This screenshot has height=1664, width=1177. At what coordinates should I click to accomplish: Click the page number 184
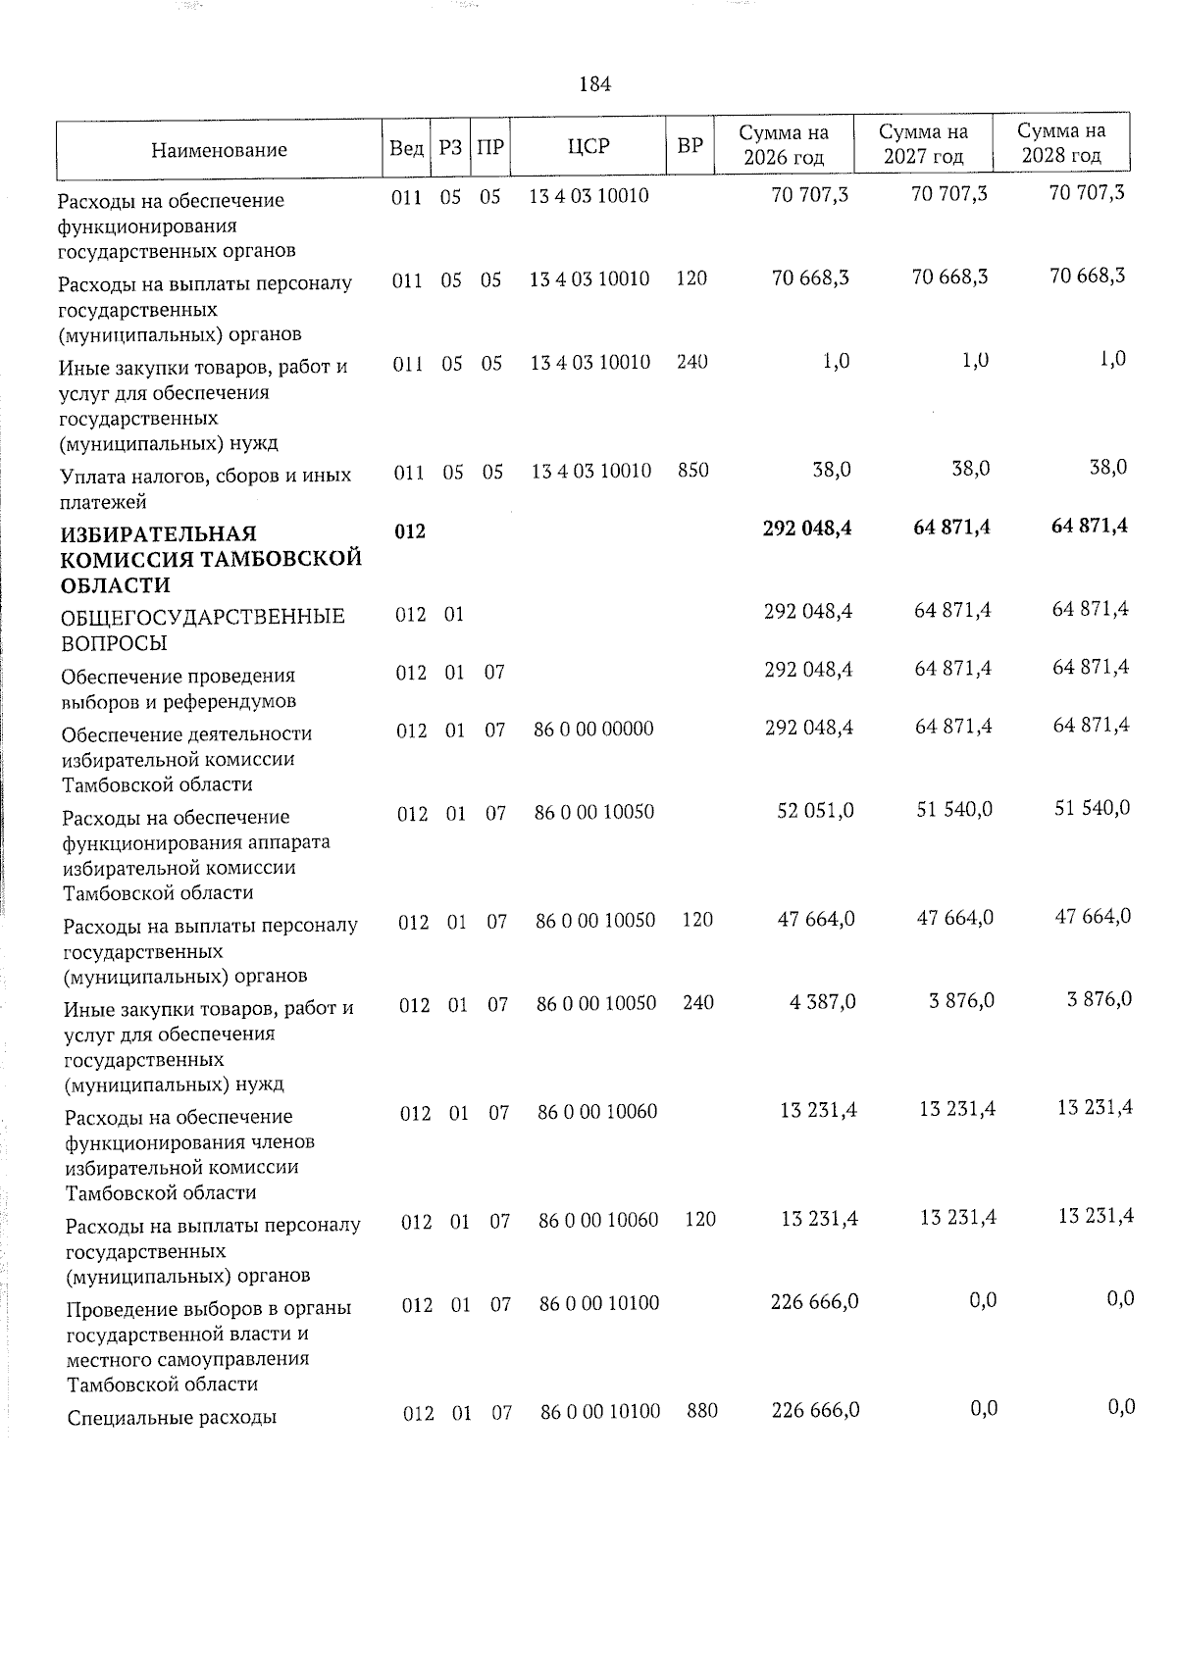coord(595,84)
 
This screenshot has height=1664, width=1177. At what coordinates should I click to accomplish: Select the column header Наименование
coord(219,150)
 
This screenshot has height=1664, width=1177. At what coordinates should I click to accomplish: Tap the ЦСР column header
coord(588,147)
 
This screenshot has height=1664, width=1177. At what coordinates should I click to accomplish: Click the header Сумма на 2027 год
coord(922,144)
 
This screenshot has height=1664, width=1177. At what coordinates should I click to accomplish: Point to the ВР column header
coord(690,147)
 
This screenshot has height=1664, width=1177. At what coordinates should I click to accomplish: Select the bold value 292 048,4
coord(807,529)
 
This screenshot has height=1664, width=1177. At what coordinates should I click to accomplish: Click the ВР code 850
coord(692,471)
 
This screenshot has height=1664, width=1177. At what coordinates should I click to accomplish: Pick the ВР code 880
coord(702,1411)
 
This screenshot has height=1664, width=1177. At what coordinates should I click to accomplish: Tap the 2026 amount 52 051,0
coord(815,811)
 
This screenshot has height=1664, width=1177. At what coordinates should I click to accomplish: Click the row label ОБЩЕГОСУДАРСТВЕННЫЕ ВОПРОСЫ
coord(202,630)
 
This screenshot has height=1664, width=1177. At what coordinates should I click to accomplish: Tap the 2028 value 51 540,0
coord(1092,808)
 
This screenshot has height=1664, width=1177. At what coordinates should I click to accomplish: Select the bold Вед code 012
coord(410,531)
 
